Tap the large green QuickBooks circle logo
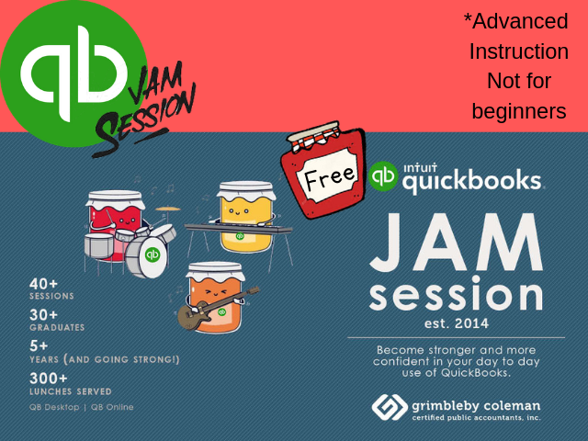[73, 73]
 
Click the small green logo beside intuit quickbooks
[382, 175]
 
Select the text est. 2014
[457, 323]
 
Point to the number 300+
[49, 378]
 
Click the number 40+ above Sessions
[43, 284]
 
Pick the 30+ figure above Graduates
[43, 315]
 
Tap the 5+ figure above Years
[39, 345]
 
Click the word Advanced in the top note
[516, 21]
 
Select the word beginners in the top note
[519, 111]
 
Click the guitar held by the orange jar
[219, 309]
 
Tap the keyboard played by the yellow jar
[238, 229]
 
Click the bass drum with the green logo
[146, 256]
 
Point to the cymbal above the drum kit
[167, 209]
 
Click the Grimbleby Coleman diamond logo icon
[390, 407]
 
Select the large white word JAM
[457, 243]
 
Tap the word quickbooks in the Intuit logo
[471, 182]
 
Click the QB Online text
[112, 407]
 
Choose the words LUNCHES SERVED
[71, 391]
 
